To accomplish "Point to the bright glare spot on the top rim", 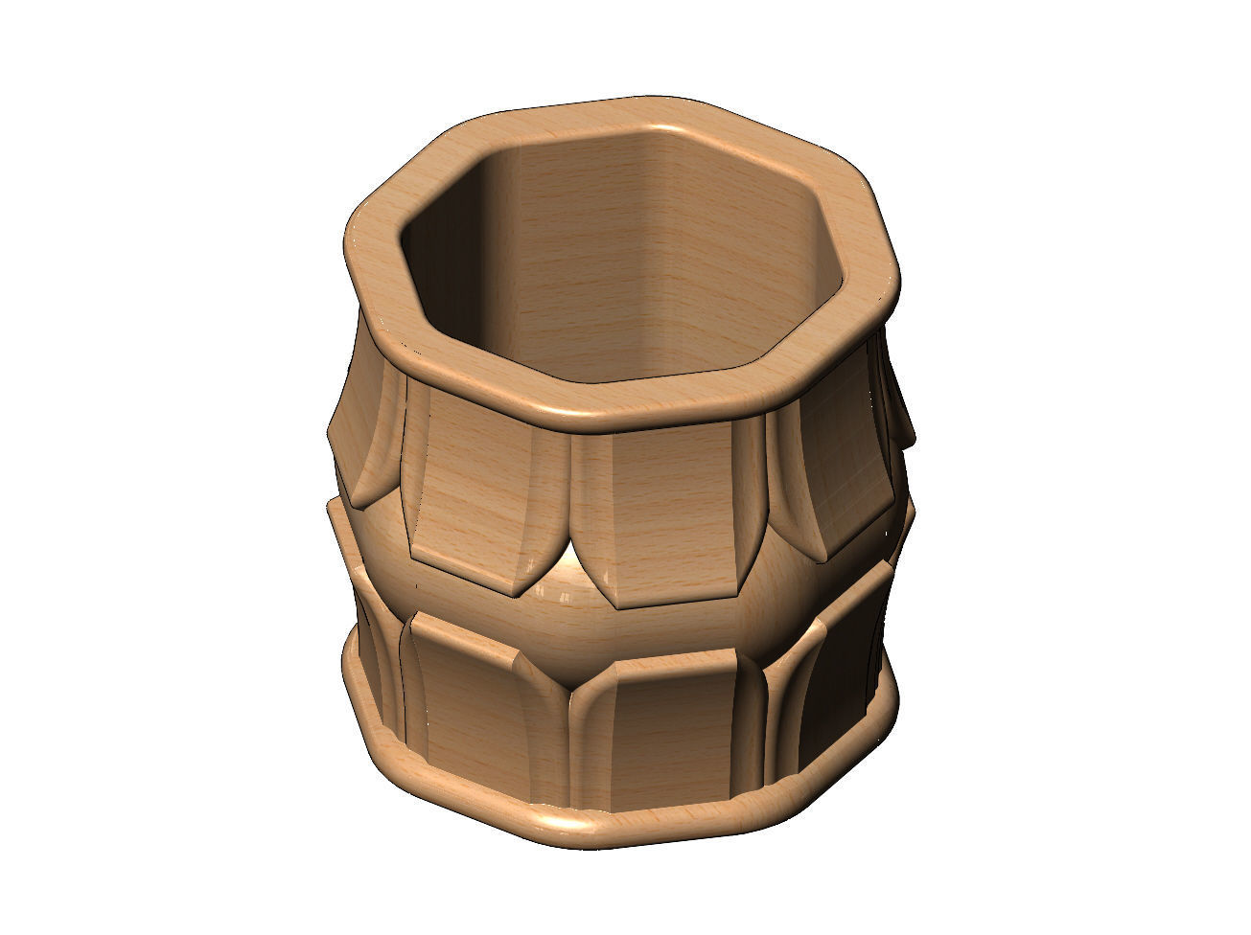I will tap(661, 129).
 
